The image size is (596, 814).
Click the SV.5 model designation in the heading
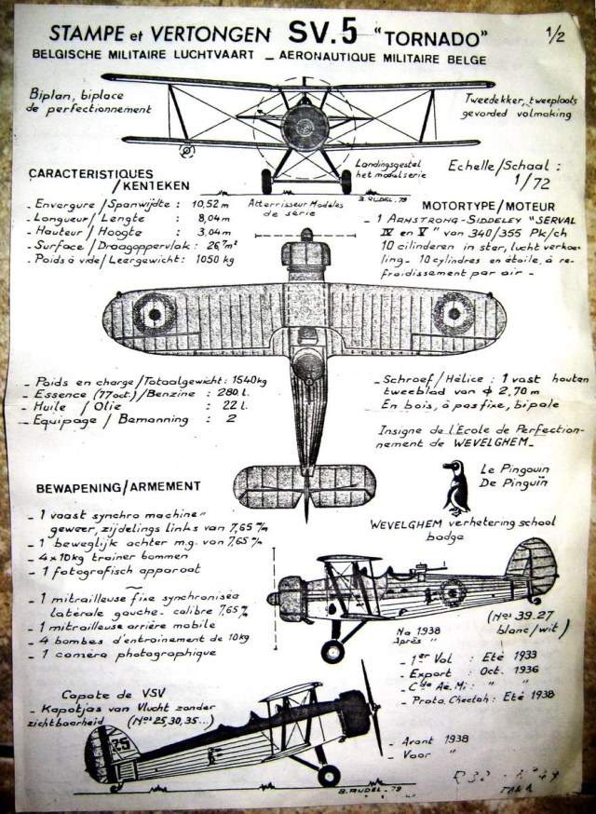(321, 35)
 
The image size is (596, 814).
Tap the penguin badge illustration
(455, 487)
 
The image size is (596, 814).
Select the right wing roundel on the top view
(454, 313)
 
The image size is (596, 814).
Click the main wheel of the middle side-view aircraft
(332, 650)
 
